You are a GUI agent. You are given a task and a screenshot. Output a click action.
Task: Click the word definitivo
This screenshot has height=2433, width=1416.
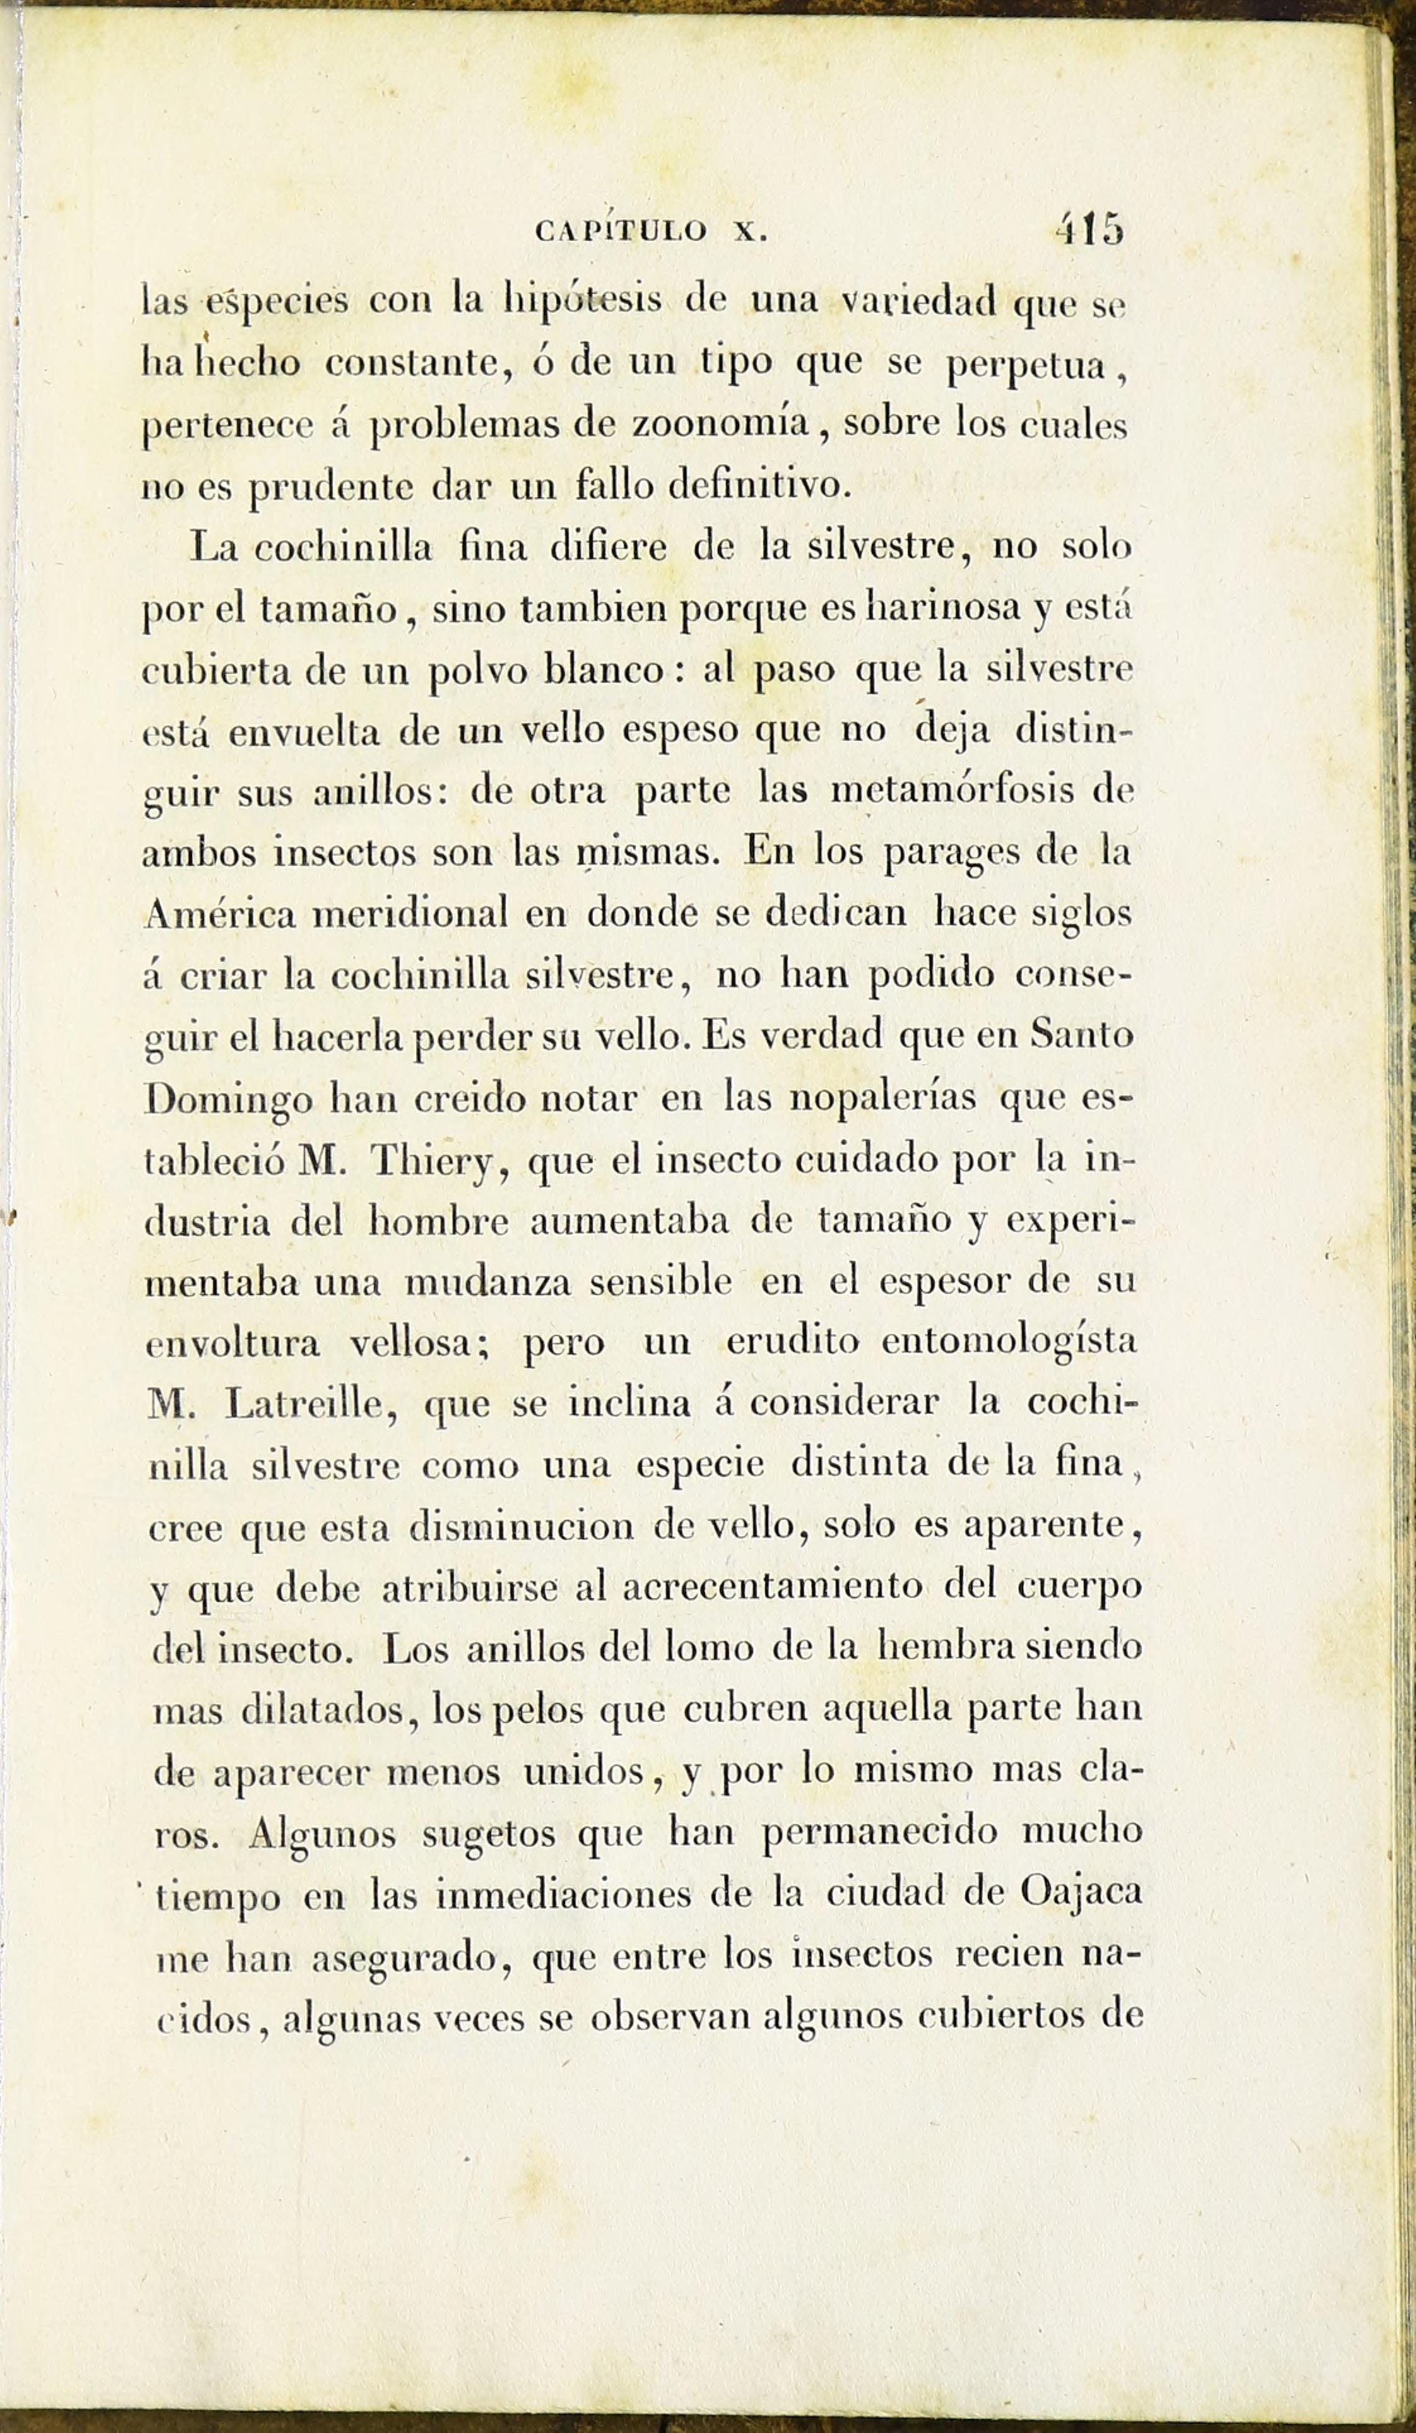(x=760, y=485)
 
